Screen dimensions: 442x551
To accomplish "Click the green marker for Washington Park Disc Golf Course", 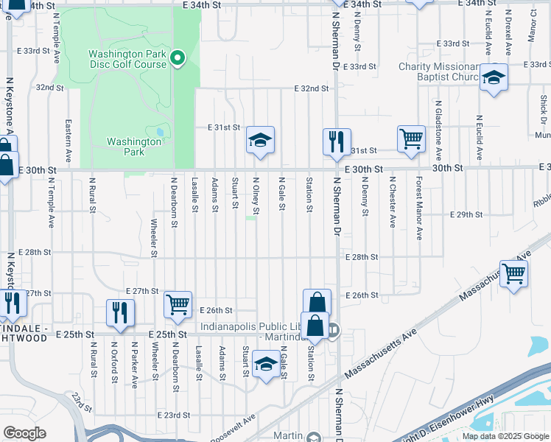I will [177, 58].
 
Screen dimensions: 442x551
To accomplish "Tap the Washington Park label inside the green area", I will [124, 147].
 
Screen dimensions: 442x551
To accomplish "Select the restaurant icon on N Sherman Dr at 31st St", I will [337, 141].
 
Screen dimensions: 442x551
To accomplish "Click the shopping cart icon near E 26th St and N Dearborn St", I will [178, 304].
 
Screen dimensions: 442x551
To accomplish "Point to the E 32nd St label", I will [311, 88].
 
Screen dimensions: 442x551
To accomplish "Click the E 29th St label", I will [466, 214].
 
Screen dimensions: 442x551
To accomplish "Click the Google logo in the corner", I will [24, 433].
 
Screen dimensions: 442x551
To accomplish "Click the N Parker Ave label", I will [135, 364].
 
